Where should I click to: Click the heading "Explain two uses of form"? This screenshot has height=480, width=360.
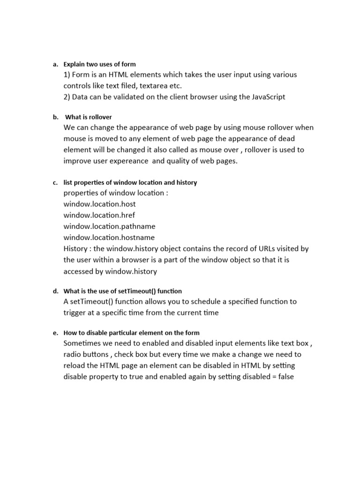click(x=99, y=64)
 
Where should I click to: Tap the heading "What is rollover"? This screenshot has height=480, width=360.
click(x=89, y=117)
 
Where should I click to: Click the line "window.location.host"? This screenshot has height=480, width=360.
click(x=99, y=204)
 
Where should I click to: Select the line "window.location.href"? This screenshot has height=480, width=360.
click(x=99, y=215)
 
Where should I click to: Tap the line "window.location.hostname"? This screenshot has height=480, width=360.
click(x=109, y=238)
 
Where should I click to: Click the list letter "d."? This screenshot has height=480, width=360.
click(x=55, y=292)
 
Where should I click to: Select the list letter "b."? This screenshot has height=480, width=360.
click(x=55, y=117)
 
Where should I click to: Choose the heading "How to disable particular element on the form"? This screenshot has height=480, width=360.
click(x=129, y=333)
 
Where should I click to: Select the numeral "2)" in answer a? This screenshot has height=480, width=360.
click(x=68, y=97)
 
